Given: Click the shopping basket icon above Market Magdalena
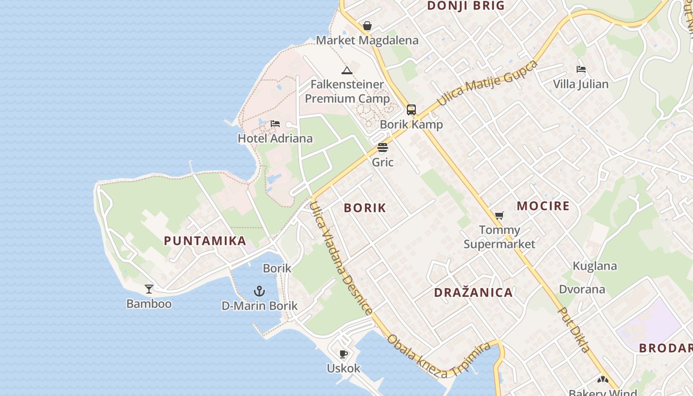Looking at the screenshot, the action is (367, 26).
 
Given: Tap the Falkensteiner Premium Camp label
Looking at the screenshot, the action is (347, 92).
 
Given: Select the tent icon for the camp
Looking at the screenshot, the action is (347, 70).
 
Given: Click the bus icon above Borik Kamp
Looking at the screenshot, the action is (411, 110).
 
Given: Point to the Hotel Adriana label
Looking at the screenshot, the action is (275, 138).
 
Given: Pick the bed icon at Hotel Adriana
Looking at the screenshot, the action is (275, 124).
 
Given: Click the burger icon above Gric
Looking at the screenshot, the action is (383, 148).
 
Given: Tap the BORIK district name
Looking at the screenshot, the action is (365, 208).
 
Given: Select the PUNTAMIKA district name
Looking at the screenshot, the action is (205, 241).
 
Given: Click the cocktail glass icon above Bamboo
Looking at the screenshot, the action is (149, 289).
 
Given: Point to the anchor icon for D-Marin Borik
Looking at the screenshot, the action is (259, 291).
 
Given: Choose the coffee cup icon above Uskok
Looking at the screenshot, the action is (344, 354).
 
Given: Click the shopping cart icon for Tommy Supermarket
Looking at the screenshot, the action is (499, 216).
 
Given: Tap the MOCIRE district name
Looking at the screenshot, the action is (543, 206).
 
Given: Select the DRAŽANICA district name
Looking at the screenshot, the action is (473, 293).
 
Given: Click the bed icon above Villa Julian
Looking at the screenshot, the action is (581, 70).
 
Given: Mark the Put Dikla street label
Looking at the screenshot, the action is (574, 329).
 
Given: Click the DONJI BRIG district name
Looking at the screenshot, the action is (466, 6).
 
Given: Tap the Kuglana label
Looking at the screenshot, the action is (594, 266).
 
